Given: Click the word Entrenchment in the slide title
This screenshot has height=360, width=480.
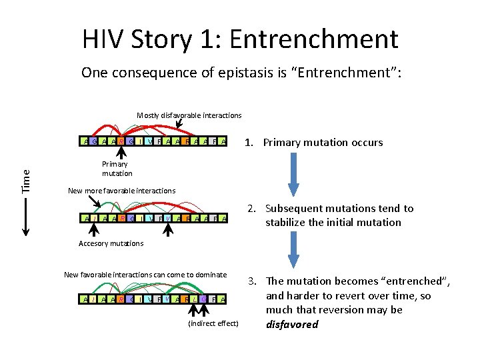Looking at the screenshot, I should tap(314, 39).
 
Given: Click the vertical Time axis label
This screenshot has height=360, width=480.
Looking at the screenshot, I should tap(26, 181).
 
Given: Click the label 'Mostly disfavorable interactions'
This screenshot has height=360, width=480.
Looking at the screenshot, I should tap(189, 115).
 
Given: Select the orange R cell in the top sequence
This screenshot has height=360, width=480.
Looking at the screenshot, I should tap(120, 141).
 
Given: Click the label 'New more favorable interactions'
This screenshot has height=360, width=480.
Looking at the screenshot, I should tap(121, 191).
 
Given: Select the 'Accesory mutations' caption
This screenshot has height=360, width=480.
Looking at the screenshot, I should tap(111, 243).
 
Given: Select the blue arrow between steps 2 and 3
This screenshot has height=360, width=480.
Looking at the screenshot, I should tap(293, 253).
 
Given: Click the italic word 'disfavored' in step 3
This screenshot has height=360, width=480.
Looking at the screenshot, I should tap(292, 325).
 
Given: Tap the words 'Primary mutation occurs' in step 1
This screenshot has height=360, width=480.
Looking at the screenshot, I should tap(323, 142).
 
